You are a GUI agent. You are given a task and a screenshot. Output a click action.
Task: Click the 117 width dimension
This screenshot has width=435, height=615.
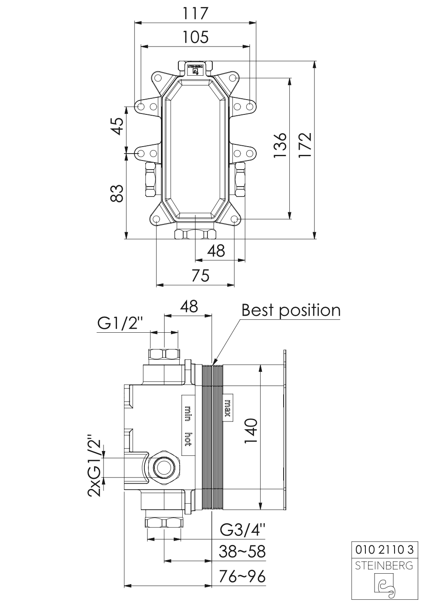pyautogui.click(x=195, y=13)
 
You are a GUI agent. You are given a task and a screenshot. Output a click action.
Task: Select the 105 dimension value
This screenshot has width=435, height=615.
pyautogui.click(x=195, y=37)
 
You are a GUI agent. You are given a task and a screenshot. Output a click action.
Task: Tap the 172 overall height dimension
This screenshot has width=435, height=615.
pyautogui.click(x=305, y=145)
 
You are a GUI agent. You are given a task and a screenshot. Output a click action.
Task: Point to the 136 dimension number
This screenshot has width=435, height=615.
pyautogui.click(x=281, y=145)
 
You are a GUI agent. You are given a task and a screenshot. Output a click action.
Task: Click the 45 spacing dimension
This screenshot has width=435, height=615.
pyautogui.click(x=117, y=126)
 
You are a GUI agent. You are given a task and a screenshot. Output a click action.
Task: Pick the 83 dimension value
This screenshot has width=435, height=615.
pyautogui.click(x=117, y=194)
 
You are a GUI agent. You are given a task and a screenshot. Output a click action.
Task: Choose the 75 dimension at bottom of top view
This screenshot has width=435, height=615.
pyautogui.click(x=201, y=275)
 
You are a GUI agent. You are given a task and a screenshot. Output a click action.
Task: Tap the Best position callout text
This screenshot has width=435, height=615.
pyautogui.click(x=291, y=310)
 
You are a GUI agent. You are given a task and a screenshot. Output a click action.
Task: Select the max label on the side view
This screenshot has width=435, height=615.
pyautogui.click(x=228, y=408)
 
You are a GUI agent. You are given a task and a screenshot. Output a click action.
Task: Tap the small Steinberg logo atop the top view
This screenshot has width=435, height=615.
pyautogui.click(x=195, y=70)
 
